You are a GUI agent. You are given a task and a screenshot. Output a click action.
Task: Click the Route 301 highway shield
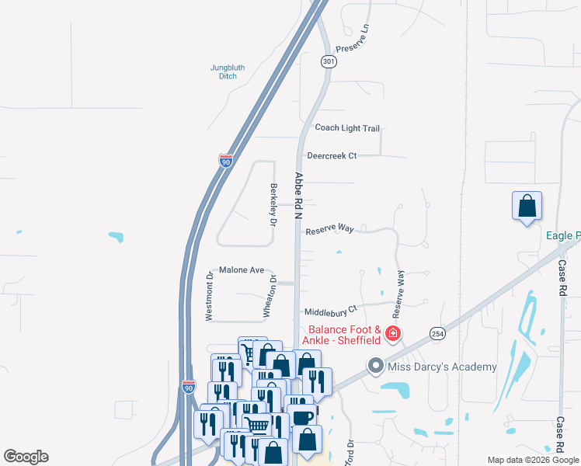pos(329,61)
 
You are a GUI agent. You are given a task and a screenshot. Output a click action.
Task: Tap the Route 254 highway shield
pos(437,333)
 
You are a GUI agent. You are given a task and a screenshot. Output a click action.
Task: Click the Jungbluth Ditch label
pos(228,71)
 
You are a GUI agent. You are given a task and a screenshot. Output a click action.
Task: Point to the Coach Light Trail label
pos(346,128)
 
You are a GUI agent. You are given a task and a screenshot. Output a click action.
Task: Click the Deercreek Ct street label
pos(331,156)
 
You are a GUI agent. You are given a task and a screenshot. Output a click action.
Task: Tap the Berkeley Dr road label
pos(273,204)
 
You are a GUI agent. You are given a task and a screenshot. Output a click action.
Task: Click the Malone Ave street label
pos(242,270)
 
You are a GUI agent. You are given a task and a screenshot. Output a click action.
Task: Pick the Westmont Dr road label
pos(209,296)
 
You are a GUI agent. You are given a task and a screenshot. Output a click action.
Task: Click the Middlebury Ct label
pos(329,310)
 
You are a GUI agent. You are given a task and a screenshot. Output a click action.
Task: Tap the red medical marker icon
pos(393,334)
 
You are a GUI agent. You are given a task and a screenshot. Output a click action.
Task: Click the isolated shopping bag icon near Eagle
pos(527,206)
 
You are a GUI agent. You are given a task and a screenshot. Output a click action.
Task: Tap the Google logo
pos(26,457)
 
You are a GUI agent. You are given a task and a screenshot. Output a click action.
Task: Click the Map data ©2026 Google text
pos(533,460)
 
